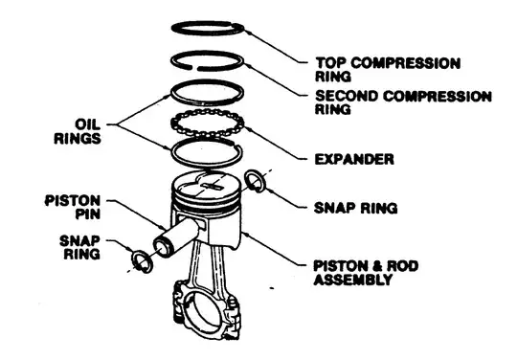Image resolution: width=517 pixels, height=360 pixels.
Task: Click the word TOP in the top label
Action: (330, 63)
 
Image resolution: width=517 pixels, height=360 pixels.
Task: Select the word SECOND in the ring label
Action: (347, 97)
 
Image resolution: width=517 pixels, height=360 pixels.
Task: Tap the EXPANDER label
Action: (354, 159)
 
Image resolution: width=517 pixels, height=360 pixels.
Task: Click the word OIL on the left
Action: (87, 124)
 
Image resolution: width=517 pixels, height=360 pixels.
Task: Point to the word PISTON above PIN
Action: (73, 201)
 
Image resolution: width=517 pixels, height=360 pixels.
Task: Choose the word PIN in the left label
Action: (88, 214)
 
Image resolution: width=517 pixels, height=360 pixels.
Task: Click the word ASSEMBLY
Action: (353, 280)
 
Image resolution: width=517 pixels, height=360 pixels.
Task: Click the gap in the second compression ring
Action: (194, 68)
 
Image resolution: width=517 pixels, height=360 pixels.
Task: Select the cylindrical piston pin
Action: (176, 236)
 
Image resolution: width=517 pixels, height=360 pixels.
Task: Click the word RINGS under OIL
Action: (78, 138)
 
